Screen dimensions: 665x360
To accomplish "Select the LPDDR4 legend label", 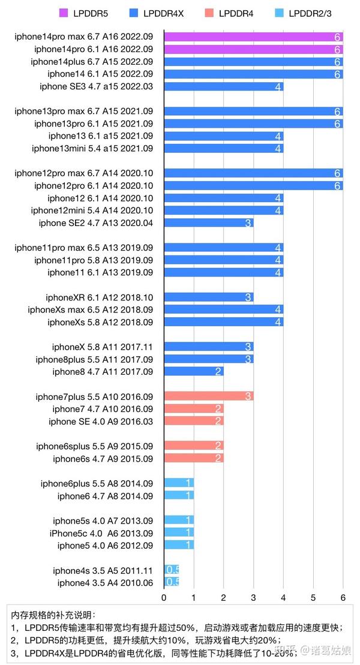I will pos(236,12).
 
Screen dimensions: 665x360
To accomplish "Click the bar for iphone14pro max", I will pos(253,37).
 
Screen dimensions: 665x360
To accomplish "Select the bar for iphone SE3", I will pos(223,86).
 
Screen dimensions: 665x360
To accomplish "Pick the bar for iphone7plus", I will pos(208,396).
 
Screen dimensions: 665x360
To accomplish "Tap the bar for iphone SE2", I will pos(208,223).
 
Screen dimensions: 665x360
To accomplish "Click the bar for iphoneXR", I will pos(208,297).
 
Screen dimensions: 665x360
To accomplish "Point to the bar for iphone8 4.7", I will pos(193,372).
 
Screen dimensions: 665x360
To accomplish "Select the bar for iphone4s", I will pos(172,570).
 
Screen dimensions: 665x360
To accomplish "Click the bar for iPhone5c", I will pos(179,533).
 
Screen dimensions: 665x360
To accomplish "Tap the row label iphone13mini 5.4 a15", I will pos(92,148).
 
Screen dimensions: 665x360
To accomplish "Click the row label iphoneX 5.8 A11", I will pos(102,347).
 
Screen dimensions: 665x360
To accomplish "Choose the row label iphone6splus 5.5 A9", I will pos(94,446).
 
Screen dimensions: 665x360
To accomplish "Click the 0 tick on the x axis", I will pos(164,597).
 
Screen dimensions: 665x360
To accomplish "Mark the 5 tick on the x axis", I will pos(313,597).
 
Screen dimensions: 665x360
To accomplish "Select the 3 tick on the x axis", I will pos(253,597).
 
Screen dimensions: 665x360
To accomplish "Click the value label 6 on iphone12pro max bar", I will pos(338,173).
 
